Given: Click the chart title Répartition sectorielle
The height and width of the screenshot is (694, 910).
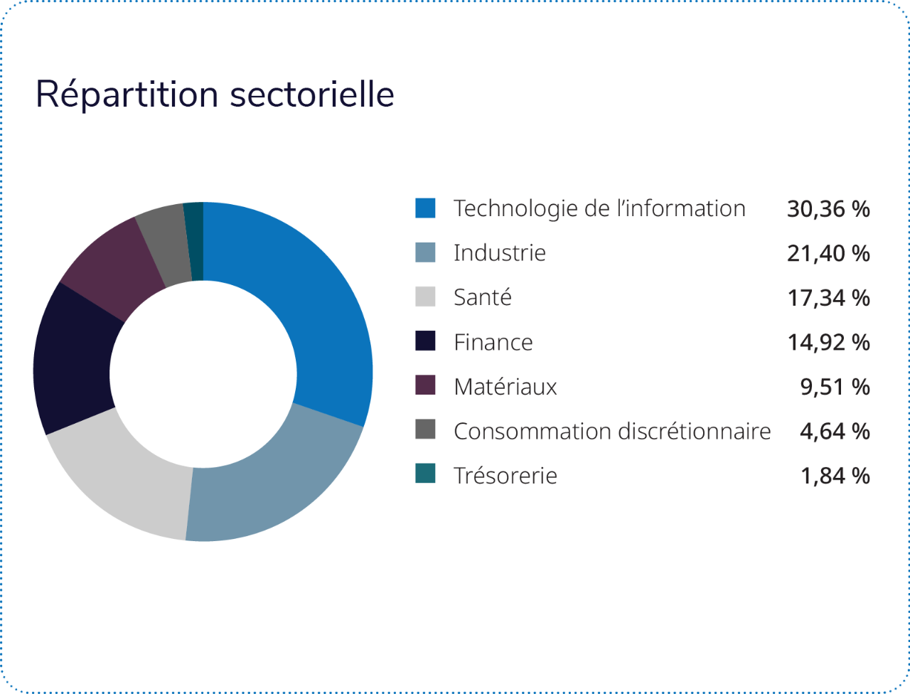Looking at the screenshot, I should (x=215, y=95).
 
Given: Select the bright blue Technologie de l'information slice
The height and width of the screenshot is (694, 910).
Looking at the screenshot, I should (x=313, y=299).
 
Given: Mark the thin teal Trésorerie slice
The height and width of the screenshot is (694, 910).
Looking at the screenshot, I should (x=194, y=241).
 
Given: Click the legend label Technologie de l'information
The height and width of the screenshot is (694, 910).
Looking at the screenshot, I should (x=599, y=208).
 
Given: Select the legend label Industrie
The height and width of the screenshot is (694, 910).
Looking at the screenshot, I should (x=500, y=253).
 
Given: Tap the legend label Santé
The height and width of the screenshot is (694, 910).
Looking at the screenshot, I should (x=483, y=297).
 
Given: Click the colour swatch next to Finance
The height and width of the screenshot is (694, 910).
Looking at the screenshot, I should (x=425, y=341).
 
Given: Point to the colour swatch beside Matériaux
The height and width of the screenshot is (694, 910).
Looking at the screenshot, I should (x=425, y=386).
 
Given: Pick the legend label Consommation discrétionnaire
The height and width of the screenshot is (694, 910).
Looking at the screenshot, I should (x=612, y=431).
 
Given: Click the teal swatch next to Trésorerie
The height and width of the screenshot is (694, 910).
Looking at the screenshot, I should (x=425, y=474).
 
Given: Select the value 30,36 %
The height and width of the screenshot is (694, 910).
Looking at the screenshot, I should (x=828, y=209).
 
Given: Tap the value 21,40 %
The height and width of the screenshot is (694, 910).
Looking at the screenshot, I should (x=828, y=254).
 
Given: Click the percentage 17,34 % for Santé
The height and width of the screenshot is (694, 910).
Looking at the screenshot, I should (x=828, y=298).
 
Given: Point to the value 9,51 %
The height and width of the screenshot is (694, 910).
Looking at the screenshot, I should (x=835, y=387).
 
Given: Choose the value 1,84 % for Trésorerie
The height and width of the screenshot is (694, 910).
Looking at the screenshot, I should (x=835, y=476).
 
